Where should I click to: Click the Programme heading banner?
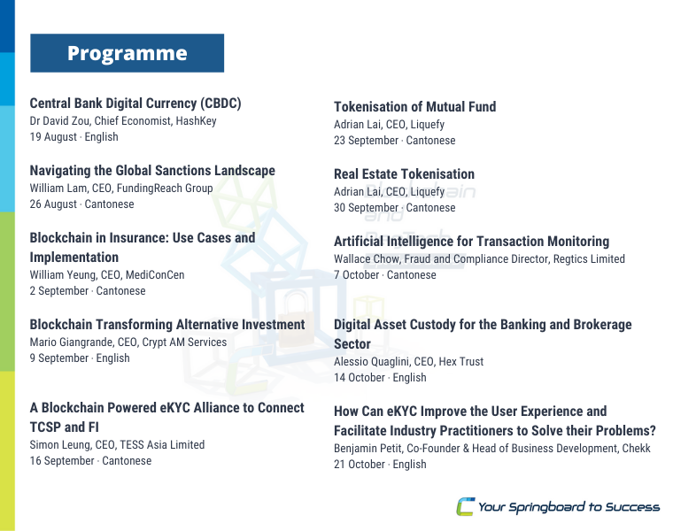click(127, 53)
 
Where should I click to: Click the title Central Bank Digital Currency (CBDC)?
click(135, 104)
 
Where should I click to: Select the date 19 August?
click(53, 137)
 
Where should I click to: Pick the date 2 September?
click(59, 291)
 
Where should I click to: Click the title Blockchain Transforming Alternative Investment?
click(167, 325)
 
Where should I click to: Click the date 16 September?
click(62, 461)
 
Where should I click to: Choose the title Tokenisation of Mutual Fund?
click(415, 107)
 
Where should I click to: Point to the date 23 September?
click(366, 140)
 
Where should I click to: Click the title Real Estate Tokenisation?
click(405, 174)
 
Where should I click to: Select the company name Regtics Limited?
click(589, 259)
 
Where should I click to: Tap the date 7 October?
click(357, 275)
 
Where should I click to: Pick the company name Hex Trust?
click(461, 362)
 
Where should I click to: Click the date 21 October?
click(360, 464)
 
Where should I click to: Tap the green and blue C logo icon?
click(465, 506)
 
